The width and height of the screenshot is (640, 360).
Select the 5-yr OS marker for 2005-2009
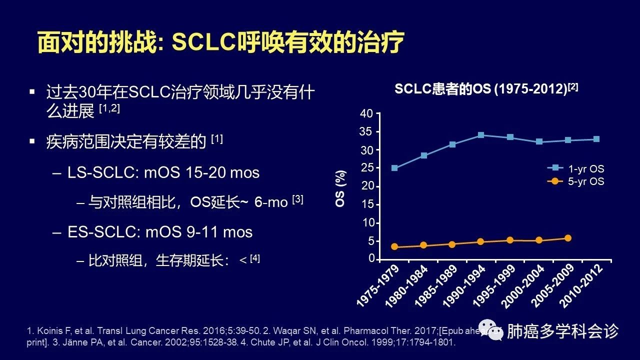[567, 238]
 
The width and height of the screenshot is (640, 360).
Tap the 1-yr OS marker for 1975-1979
[394, 168]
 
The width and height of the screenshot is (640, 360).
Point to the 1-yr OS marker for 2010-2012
[596, 139]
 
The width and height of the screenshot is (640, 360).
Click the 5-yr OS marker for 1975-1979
[394, 246]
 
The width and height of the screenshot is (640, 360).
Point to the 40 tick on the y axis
[367, 114]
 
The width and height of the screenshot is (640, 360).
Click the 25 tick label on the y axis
[367, 168]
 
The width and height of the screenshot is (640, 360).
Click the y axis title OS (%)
[340, 188]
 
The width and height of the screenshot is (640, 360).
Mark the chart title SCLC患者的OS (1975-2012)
[486, 89]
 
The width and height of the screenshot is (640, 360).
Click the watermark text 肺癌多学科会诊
[563, 331]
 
